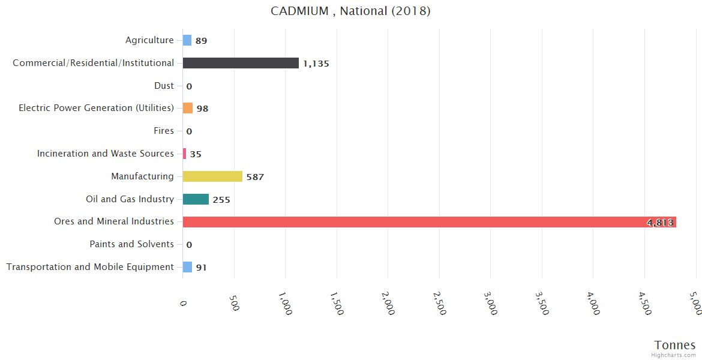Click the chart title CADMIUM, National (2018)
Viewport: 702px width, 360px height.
point(350,11)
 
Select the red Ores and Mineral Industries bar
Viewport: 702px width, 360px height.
point(429,222)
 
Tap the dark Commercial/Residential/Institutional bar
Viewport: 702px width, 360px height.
point(241,63)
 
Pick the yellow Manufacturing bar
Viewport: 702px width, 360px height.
point(212,176)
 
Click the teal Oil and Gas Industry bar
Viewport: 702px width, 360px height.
point(196,199)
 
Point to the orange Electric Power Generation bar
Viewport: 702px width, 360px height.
point(188,108)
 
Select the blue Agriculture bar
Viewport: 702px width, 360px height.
point(187,40)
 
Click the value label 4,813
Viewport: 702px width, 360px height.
point(660,223)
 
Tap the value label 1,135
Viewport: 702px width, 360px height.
point(316,64)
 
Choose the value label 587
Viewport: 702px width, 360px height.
point(255,177)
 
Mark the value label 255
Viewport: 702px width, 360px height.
point(221,200)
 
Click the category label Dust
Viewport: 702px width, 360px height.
point(164,86)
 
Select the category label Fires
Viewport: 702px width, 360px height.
point(164,131)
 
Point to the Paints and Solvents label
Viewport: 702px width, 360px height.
point(131,244)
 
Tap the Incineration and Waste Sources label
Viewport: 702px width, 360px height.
point(105,154)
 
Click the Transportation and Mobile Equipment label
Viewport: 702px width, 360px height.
point(90,267)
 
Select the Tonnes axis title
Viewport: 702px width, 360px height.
point(674,345)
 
